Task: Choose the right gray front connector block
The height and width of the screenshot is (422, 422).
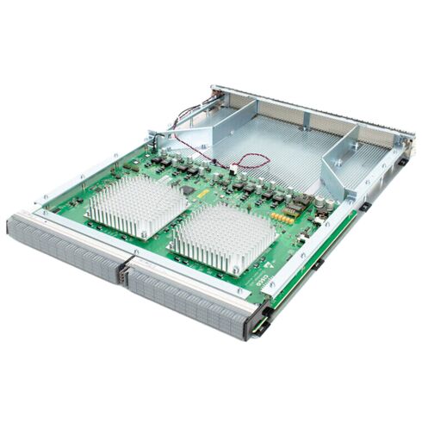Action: pyautogui.click(x=189, y=297)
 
